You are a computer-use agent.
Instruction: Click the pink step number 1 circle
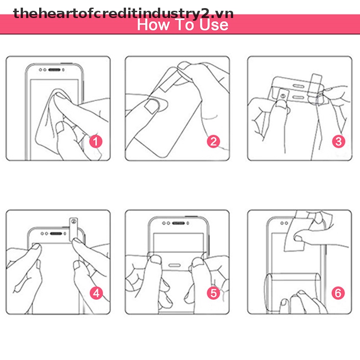coord(95,141)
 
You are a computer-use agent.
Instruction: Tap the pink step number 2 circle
coord(213,141)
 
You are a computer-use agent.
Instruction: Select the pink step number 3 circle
coord(338,141)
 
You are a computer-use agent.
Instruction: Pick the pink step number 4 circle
coord(96,293)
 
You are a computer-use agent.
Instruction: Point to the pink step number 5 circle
coord(213,293)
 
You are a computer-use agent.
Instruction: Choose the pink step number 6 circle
coord(338,293)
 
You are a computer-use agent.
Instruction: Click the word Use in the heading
coord(214,25)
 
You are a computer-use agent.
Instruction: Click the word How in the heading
coord(153,25)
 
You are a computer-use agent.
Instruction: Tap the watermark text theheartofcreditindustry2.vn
coord(123,13)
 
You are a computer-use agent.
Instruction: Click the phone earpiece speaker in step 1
coord(54,70)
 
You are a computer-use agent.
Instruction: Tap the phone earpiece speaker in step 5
coord(178,223)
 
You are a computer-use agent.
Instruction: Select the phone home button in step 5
coord(175,265)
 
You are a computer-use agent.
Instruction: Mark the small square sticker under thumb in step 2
coord(152,107)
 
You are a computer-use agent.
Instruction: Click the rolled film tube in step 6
coord(292,292)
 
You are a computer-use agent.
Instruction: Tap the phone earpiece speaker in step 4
coord(56,234)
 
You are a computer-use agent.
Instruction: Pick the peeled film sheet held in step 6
coord(298,232)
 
